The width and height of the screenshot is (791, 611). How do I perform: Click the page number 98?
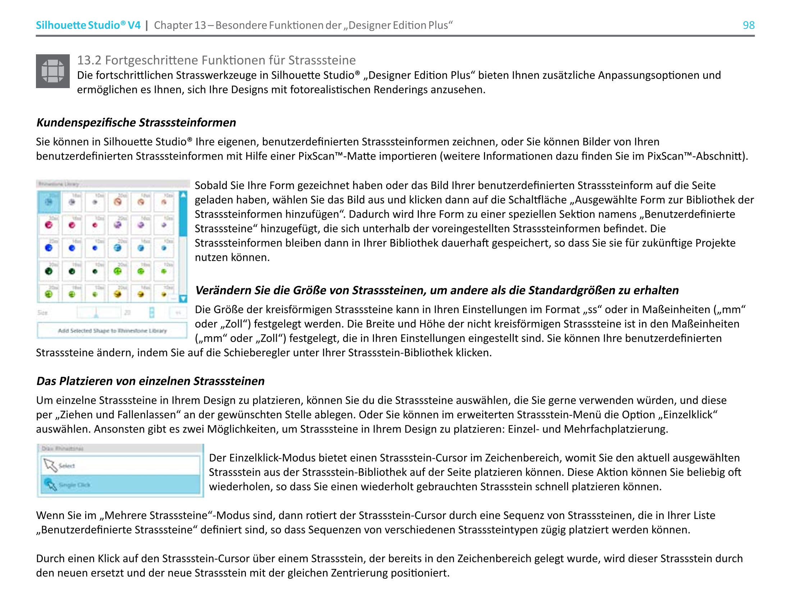tap(748, 25)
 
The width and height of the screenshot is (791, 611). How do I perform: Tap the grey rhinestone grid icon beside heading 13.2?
tap(52, 71)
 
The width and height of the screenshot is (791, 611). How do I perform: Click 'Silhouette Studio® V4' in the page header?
tap(88, 25)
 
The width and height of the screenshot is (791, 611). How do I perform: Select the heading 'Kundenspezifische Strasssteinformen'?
tap(136, 122)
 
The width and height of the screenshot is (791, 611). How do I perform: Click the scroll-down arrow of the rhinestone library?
tap(183, 298)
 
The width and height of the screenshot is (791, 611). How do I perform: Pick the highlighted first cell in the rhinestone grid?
tap(49, 202)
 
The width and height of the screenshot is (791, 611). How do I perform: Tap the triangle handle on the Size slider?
tap(96, 315)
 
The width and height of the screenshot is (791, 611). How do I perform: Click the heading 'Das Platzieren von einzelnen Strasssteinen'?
tap(150, 381)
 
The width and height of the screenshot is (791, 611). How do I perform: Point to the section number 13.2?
tap(89, 60)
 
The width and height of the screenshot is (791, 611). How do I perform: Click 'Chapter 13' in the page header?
tap(180, 25)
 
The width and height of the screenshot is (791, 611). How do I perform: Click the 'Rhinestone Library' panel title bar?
tap(113, 184)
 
